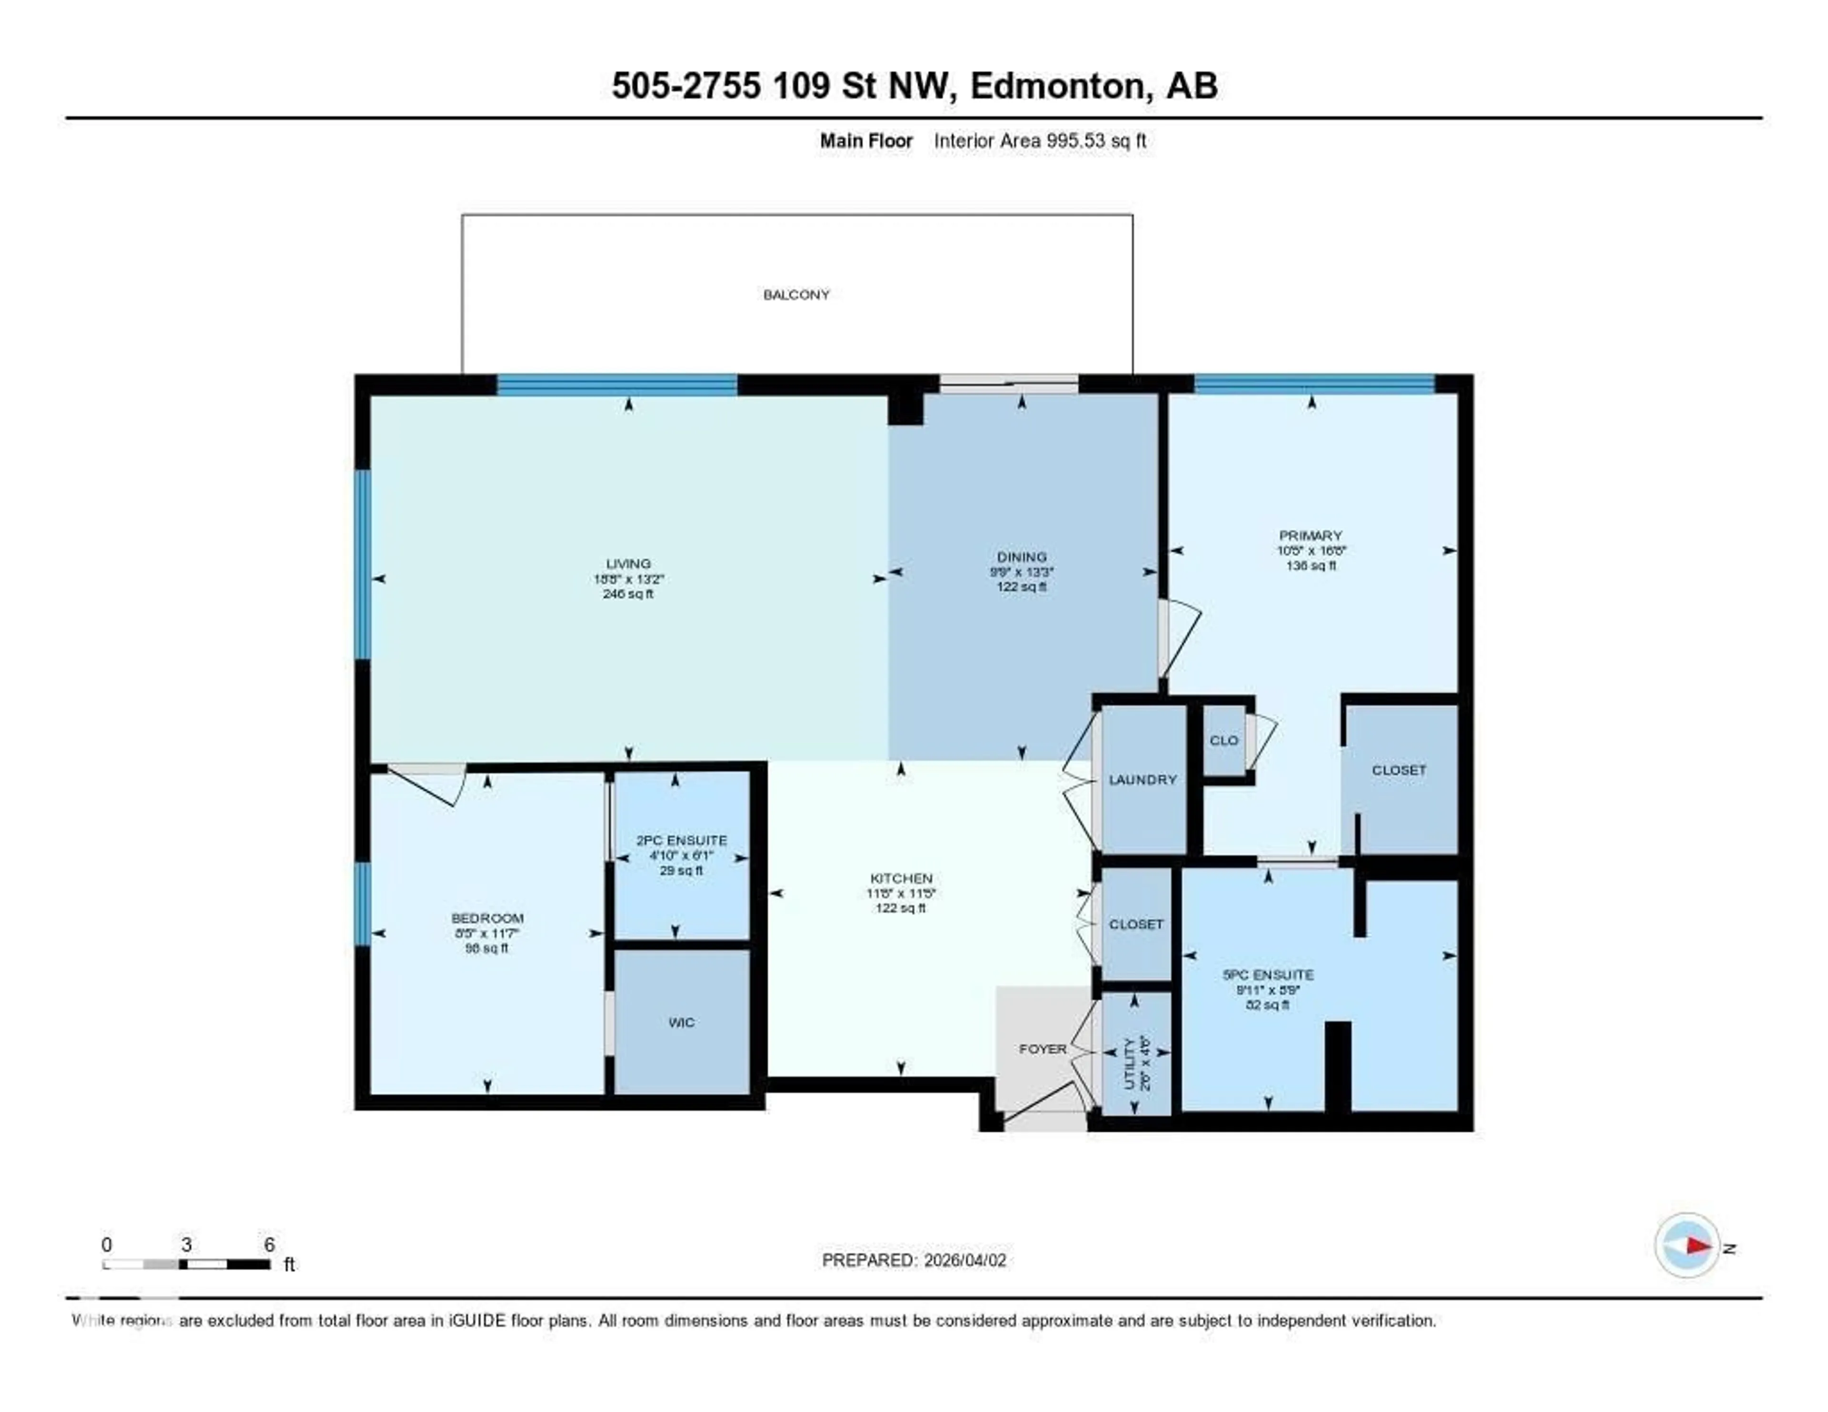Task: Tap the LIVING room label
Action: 628,563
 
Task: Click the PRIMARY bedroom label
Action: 1310,535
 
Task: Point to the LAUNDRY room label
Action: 1142,779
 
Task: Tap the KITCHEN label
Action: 901,878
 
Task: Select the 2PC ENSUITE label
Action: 681,840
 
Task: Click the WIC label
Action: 681,1022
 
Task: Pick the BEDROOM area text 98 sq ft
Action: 487,948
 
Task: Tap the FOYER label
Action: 1042,1049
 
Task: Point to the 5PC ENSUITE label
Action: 1267,974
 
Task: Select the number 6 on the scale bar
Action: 268,1244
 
